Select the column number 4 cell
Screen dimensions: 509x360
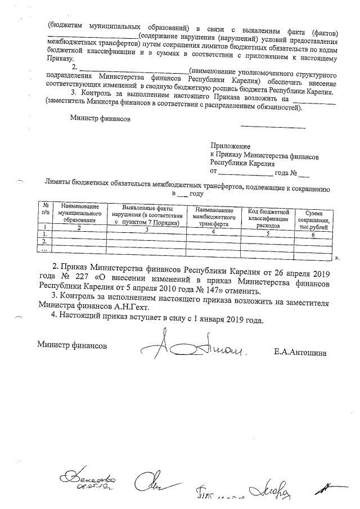click(213, 232)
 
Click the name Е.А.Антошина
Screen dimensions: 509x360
click(300, 353)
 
